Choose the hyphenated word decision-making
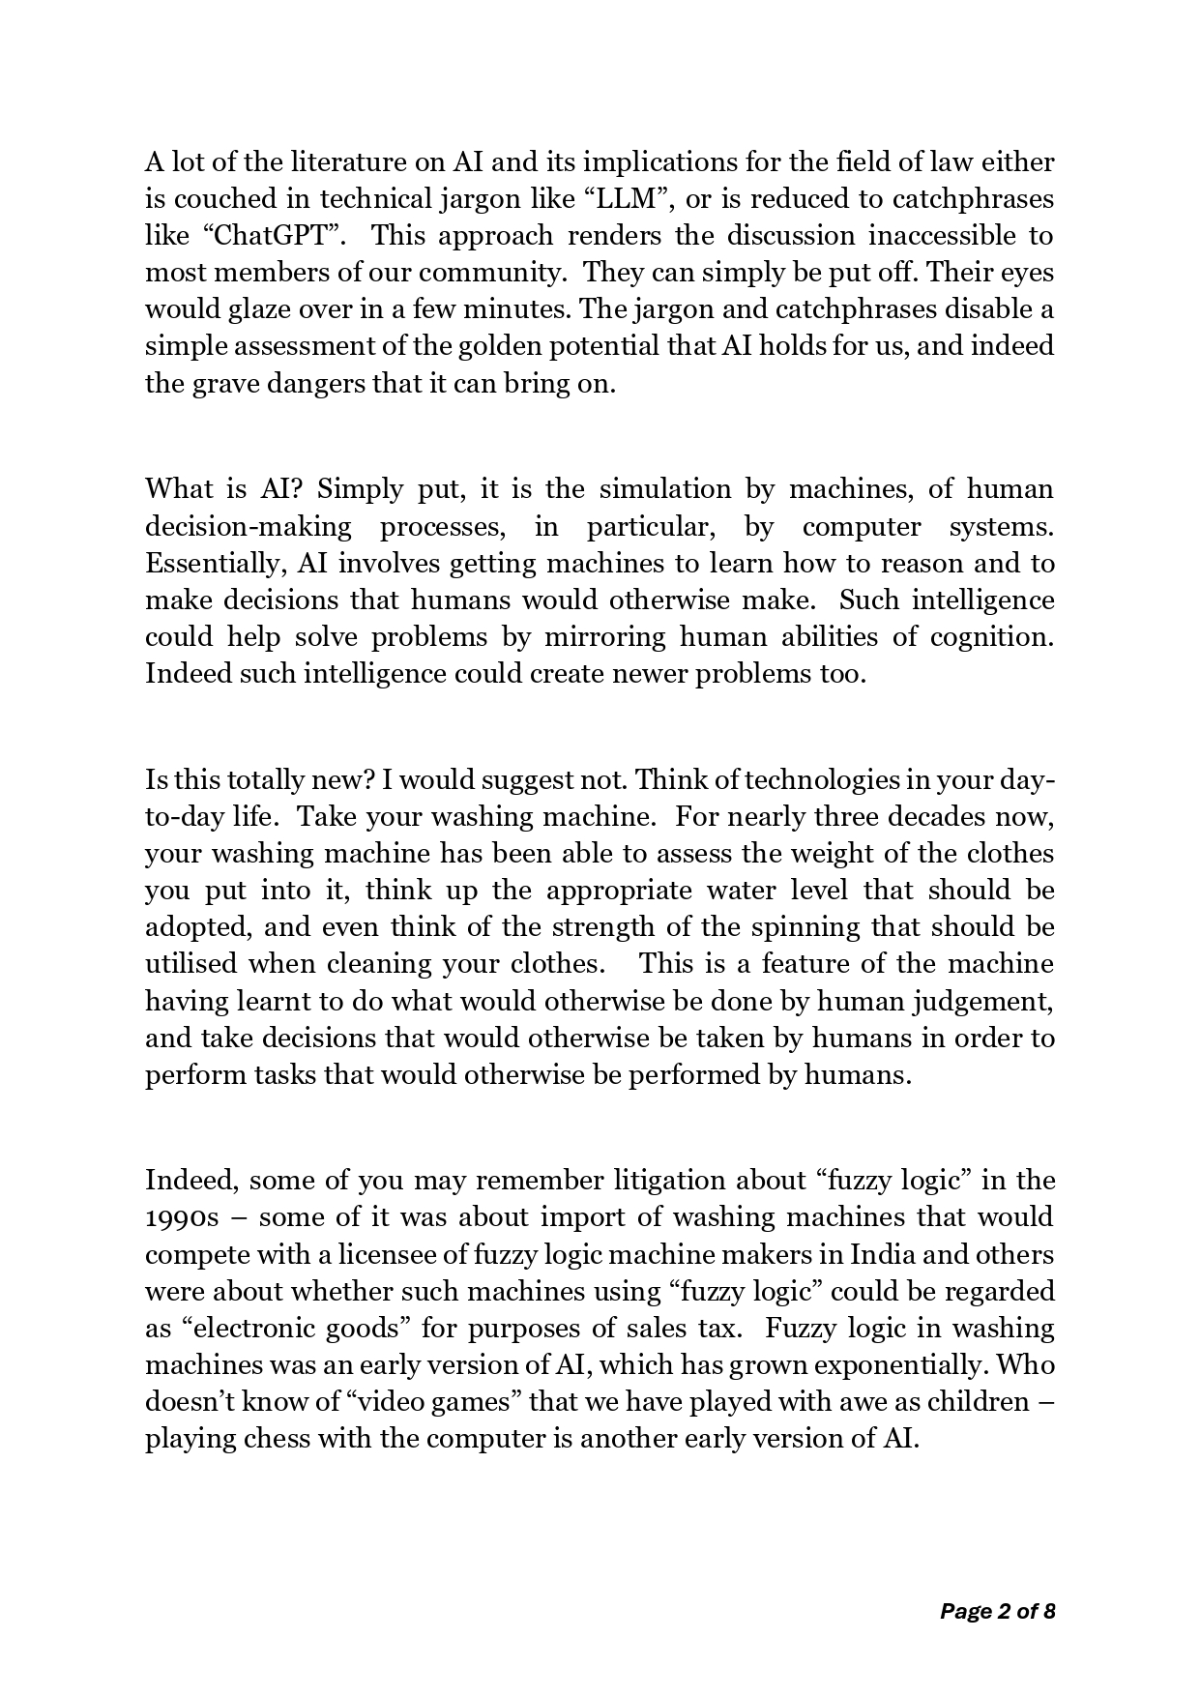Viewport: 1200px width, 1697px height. [x=249, y=527]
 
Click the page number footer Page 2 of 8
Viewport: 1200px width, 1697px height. [x=997, y=1611]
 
